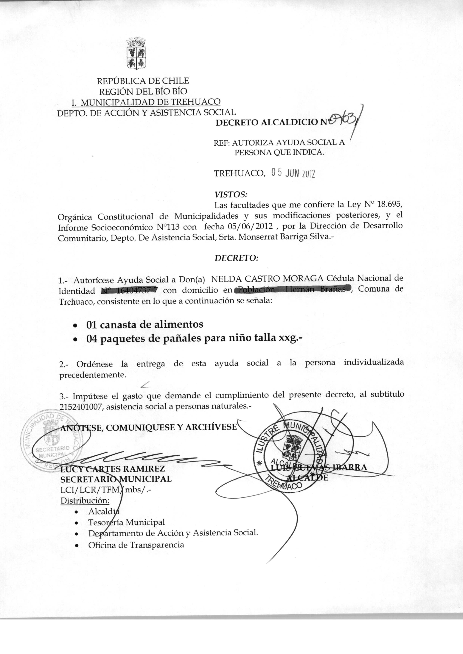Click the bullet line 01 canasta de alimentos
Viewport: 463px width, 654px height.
[145, 324]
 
